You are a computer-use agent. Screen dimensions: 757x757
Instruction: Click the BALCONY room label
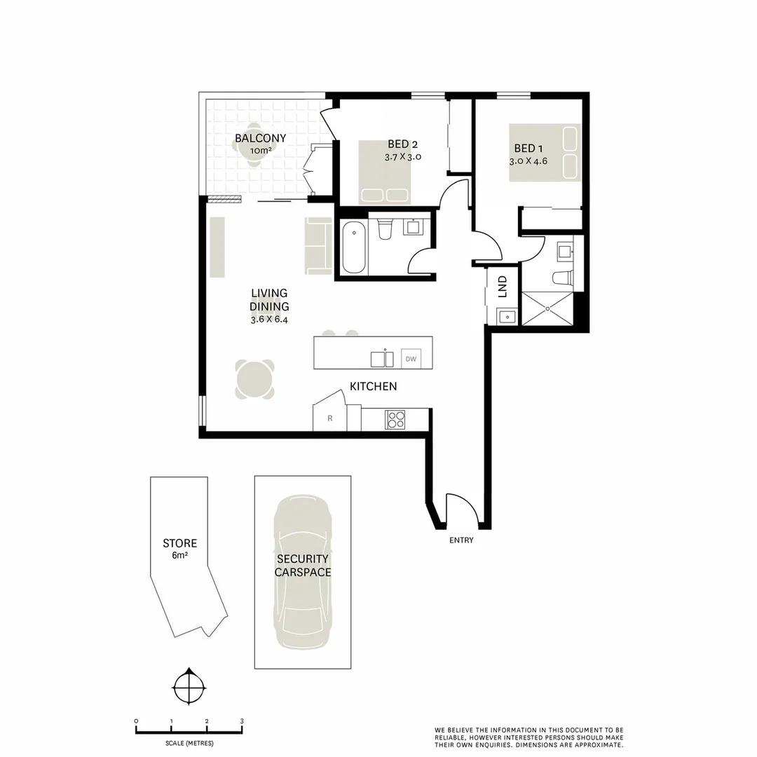(x=260, y=138)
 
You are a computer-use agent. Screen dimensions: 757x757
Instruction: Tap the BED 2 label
(x=403, y=144)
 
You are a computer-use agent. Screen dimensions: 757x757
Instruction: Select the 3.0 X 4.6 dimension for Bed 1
(x=528, y=161)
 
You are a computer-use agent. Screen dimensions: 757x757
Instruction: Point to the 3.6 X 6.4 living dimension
(x=269, y=320)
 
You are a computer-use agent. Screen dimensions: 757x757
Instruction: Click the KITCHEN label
(x=373, y=386)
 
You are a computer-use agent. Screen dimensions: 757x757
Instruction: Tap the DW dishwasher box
(x=411, y=359)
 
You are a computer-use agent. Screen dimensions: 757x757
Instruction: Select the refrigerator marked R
(x=330, y=418)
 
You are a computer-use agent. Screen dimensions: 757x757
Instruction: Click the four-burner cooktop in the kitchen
(x=395, y=420)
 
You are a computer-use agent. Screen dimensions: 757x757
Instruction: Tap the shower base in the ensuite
(x=547, y=309)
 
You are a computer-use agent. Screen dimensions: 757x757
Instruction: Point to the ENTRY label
(x=461, y=540)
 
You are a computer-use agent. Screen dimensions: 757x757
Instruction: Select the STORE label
(x=179, y=543)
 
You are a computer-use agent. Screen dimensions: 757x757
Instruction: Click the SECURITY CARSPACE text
(x=302, y=565)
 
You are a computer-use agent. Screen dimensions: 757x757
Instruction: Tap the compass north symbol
(x=189, y=688)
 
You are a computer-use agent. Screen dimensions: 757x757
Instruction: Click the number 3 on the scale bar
(x=242, y=721)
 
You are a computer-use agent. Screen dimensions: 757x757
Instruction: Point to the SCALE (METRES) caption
(x=189, y=743)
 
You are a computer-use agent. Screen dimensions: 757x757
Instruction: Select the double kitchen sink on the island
(x=383, y=358)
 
